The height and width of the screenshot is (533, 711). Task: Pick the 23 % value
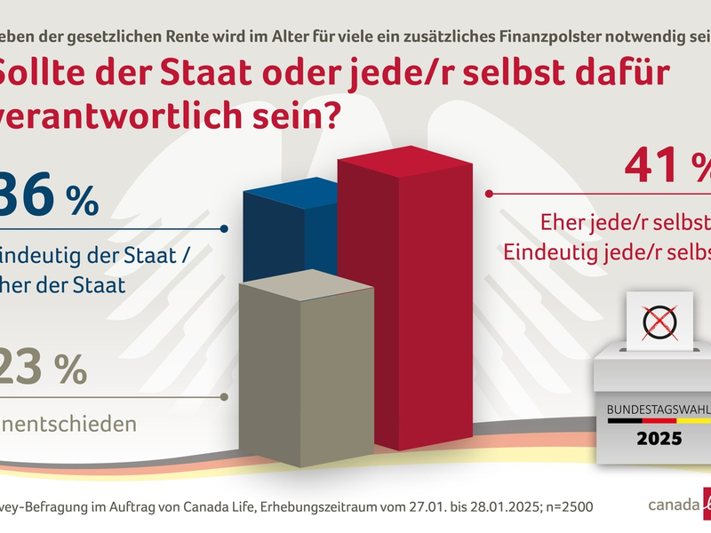tap(44, 368)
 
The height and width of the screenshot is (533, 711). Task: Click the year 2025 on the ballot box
tap(659, 438)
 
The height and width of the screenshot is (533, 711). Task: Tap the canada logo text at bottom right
tap(672, 506)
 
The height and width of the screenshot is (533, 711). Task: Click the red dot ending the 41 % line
tap(487, 192)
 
